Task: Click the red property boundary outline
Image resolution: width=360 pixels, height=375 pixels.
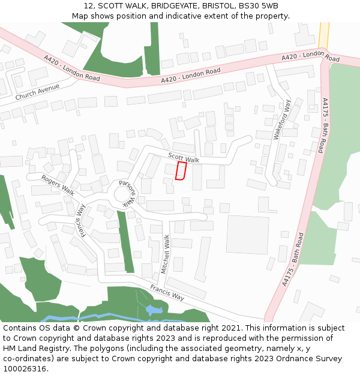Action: coord(181,171)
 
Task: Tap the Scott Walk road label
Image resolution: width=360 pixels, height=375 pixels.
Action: coord(184,158)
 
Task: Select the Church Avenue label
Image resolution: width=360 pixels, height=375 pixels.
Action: coord(38,92)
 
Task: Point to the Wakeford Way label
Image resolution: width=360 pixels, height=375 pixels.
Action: coord(282,120)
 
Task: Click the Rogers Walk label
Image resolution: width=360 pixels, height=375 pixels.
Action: coord(58,185)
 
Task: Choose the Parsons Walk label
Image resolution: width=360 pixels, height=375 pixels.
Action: coord(128,193)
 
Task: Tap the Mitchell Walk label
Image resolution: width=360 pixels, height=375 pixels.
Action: coord(166,254)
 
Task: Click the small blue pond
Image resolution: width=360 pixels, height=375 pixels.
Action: coord(151,310)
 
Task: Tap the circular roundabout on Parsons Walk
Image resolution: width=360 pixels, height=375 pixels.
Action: coord(124,193)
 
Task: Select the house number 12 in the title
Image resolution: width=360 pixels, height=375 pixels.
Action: coord(88,5)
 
